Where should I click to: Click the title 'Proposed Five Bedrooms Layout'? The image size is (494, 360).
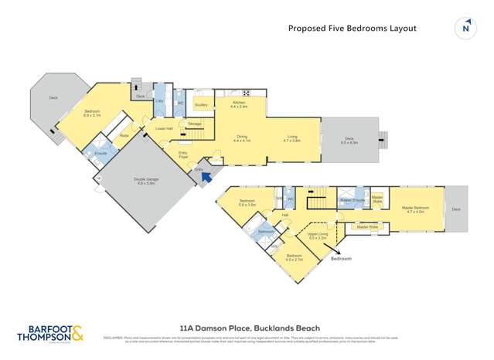(x=352, y=29)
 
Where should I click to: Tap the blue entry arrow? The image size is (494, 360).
(x=206, y=177)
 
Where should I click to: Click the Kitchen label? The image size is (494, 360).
(x=238, y=103)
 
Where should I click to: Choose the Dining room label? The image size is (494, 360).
(x=242, y=138)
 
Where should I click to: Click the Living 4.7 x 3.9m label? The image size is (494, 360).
(x=291, y=138)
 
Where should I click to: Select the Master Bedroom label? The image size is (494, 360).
(x=415, y=209)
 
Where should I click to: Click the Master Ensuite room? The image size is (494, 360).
(x=352, y=199)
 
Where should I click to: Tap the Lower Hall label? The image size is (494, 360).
(x=163, y=128)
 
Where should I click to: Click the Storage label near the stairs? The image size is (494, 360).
(x=195, y=124)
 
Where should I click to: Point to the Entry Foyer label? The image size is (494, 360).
(x=183, y=155)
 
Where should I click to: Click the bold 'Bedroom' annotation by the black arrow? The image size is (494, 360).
(x=341, y=258)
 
